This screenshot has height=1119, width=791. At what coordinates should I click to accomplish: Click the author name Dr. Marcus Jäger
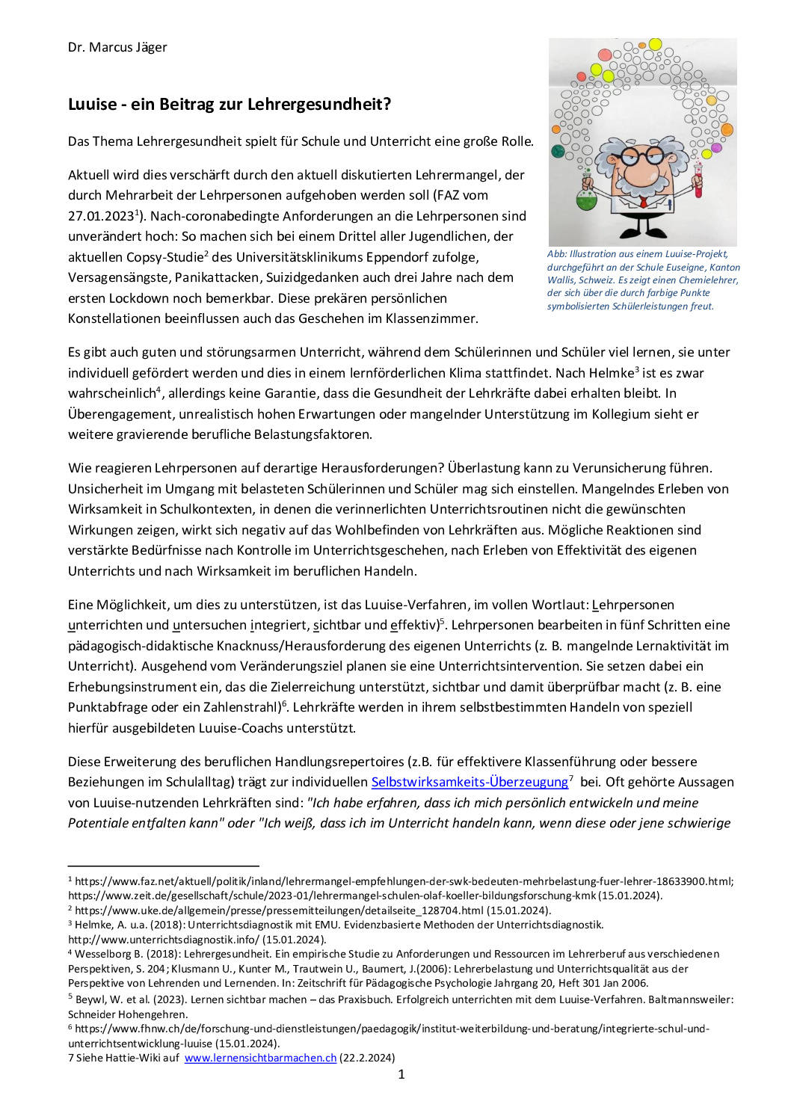(x=117, y=48)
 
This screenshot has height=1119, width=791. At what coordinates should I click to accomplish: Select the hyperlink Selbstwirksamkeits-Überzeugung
(x=470, y=782)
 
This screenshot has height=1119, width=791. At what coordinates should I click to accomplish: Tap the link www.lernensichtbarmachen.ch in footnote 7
(x=260, y=1058)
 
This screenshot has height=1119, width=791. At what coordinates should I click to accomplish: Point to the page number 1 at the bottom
(x=401, y=1074)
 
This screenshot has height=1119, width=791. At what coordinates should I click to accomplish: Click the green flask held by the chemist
(x=586, y=199)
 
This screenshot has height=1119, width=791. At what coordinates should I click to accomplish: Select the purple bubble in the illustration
(x=716, y=147)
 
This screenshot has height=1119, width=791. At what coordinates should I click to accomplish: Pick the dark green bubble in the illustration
(x=558, y=152)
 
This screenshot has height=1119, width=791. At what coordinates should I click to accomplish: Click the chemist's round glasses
(x=641, y=157)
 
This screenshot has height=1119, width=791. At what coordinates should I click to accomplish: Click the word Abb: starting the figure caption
(x=557, y=254)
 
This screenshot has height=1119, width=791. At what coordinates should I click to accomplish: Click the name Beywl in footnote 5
(x=90, y=999)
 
